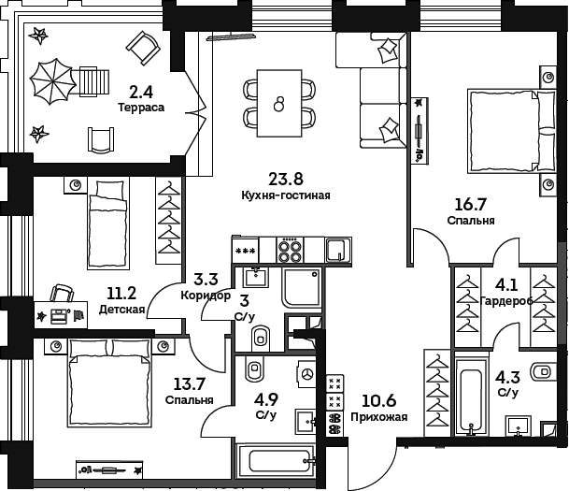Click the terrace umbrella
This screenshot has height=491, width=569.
point(53,81)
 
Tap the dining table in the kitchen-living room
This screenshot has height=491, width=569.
point(279,103)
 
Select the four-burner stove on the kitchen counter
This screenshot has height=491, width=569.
point(290,251)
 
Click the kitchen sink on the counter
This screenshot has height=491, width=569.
point(338,251)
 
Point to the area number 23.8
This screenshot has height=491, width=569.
point(286,179)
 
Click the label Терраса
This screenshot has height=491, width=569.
point(141,108)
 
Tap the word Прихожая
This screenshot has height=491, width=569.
point(378,417)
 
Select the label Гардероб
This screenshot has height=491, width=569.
point(506,301)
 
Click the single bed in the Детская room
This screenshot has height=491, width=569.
point(108,223)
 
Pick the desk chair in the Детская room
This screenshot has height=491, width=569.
point(62,293)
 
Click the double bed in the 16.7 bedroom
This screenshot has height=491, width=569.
point(512,131)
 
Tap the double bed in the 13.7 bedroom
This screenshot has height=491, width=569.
point(109,383)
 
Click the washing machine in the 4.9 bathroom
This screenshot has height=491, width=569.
point(306,374)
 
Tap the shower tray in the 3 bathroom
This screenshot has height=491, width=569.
point(303,288)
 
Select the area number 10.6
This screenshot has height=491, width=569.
point(378,400)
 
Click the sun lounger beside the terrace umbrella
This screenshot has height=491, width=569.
point(94,81)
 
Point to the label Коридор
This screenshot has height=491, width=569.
point(206,296)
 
